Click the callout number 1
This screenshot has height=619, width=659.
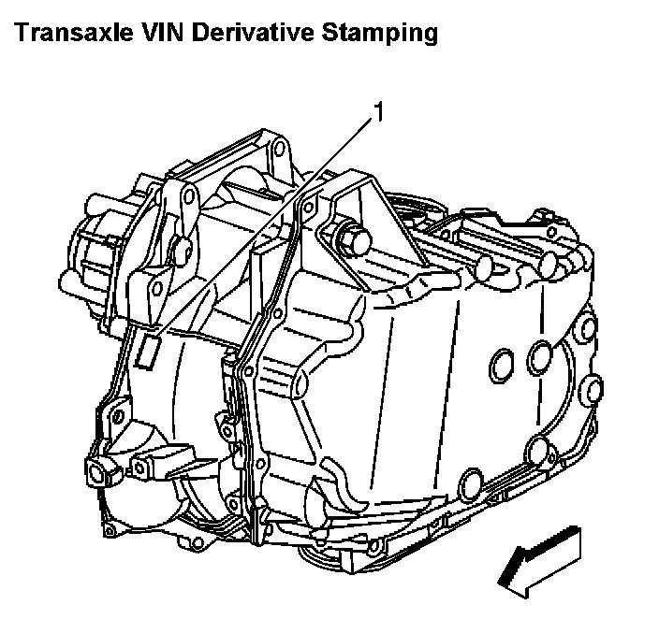click(379, 112)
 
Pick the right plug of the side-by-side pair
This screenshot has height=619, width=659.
click(540, 355)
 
